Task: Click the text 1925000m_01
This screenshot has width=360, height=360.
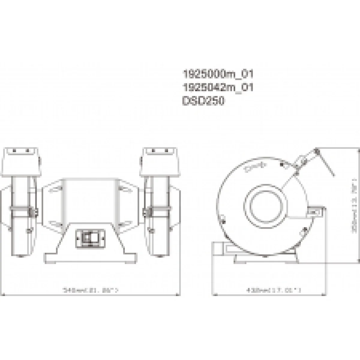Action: coord(218,74)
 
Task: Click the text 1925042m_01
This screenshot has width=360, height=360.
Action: coord(218,88)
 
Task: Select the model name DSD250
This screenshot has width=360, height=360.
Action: coord(203,101)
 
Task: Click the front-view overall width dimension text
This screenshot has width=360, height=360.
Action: coord(90,290)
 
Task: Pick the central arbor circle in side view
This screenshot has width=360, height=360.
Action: coord(264,204)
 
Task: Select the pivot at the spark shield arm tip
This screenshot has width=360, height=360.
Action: coord(317,151)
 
